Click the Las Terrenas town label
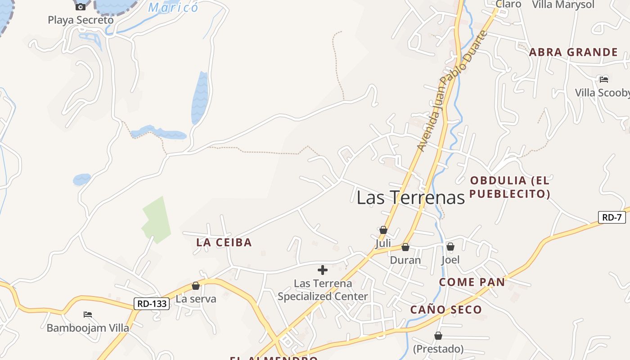point(410,198)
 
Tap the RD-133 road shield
point(152,304)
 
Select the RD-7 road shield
point(612,217)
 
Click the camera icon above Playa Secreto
point(81,7)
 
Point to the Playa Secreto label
point(81,20)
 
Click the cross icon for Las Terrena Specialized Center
point(323,270)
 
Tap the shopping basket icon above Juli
point(383,230)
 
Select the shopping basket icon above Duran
point(405,247)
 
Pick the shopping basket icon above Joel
point(450,247)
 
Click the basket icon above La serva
point(196,286)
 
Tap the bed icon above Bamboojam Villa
point(88,314)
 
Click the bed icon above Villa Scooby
point(604,80)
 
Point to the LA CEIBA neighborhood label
point(224,243)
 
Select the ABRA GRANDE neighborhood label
point(573,52)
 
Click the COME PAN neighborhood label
point(472,282)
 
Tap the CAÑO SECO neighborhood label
point(446,310)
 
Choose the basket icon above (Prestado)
point(438,336)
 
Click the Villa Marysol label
point(563,5)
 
